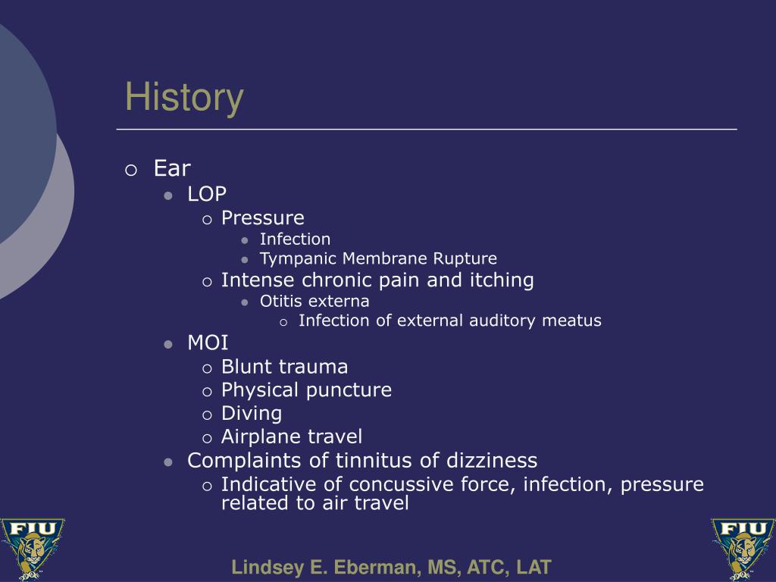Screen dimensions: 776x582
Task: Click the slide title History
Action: coord(184,98)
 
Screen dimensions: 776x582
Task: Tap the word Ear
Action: coord(172,168)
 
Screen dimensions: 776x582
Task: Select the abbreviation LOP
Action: coord(207,194)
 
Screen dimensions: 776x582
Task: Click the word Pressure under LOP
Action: coord(263,217)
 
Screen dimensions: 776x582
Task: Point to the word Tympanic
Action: coord(299,259)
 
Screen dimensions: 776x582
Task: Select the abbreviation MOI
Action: coord(208,343)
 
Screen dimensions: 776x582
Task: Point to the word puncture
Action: coord(349,390)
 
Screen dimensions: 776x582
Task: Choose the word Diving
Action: coord(252,414)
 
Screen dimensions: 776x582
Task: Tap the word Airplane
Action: coord(261,437)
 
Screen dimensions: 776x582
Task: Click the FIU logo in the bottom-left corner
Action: coord(33,549)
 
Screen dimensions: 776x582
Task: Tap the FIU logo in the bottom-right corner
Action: coord(743,549)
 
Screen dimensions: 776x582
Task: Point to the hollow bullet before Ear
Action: coord(131,171)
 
